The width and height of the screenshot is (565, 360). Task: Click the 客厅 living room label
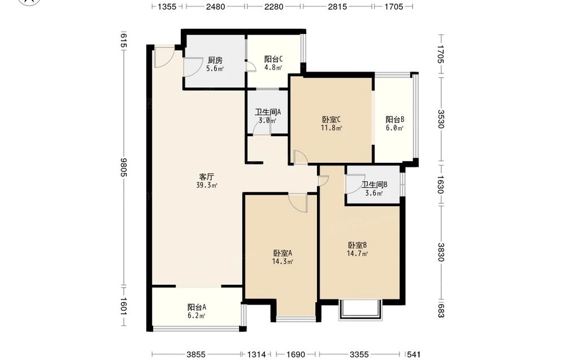coord(206,176)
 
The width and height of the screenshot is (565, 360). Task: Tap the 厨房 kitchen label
coord(215,60)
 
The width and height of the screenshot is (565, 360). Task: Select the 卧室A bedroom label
coord(282,253)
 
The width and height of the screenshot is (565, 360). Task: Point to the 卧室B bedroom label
coord(358,245)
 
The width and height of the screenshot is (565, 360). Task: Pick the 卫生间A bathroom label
coord(268,112)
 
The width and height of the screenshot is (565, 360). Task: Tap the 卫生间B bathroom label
coord(375,185)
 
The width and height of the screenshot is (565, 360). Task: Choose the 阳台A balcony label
coord(197,307)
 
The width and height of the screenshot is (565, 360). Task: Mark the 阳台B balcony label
coord(395,119)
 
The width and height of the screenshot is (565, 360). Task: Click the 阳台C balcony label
coord(273,59)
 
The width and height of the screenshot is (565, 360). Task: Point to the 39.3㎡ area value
coord(206,185)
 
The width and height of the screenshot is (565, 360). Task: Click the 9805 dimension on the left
coord(124,167)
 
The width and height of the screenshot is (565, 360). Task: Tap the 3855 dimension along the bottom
coord(196,354)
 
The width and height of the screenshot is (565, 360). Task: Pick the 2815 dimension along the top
coord(338,6)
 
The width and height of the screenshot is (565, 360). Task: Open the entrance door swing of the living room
coord(164,57)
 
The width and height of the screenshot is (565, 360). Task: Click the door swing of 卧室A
coord(298,202)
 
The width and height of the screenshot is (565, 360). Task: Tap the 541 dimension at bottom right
coord(414,354)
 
